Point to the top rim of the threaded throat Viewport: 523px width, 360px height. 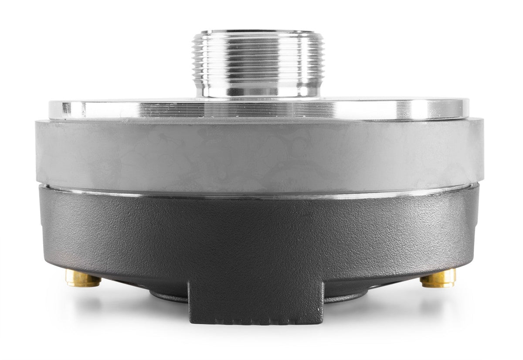pos(258,32)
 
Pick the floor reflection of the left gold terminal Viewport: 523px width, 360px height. pos(82,301)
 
